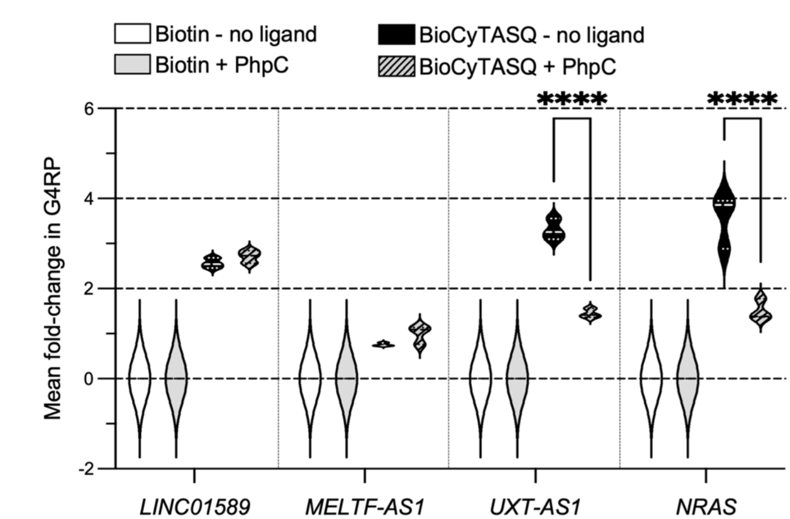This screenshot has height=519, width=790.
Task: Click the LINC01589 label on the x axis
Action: (x=194, y=505)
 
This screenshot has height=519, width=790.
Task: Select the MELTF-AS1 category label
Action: (x=363, y=505)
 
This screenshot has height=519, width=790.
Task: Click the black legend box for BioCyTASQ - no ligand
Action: (x=399, y=34)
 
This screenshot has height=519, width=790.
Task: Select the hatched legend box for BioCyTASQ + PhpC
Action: (x=399, y=64)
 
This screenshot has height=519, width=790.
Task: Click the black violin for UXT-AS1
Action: (x=554, y=230)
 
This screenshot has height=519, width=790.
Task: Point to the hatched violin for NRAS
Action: (x=760, y=308)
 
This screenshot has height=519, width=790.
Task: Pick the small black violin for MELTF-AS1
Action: (x=383, y=344)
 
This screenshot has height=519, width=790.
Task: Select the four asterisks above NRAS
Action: (x=743, y=99)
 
